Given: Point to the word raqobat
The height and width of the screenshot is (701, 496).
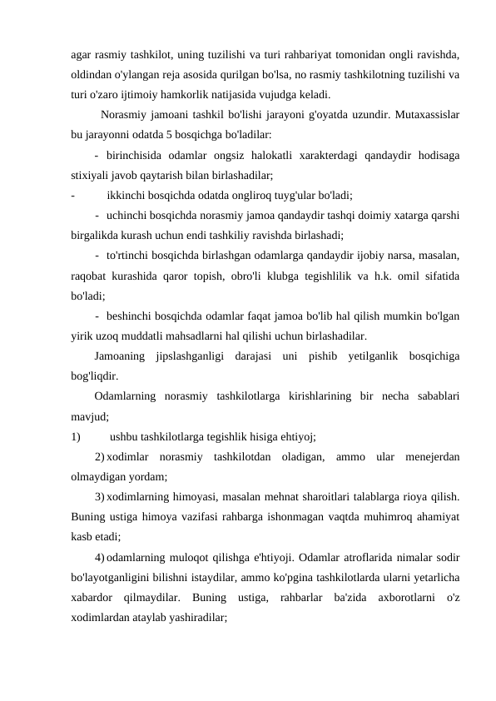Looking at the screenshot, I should coord(92,276).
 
